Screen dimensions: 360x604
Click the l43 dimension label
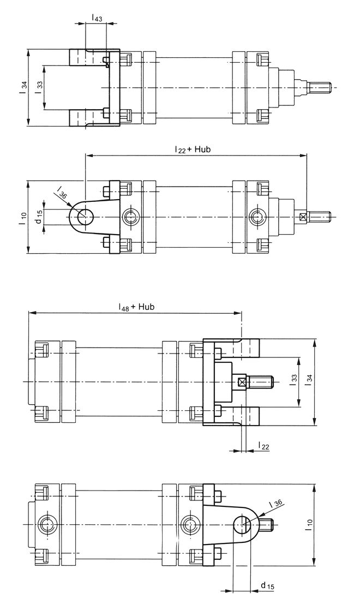click(97, 17)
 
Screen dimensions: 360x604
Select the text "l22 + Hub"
click(193, 149)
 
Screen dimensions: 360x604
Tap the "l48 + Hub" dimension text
click(136, 307)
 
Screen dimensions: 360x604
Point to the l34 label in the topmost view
click(24, 87)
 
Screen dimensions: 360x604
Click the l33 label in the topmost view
click(39, 87)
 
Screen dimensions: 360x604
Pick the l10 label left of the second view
click(23, 218)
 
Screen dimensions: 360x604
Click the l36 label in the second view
click(62, 192)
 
